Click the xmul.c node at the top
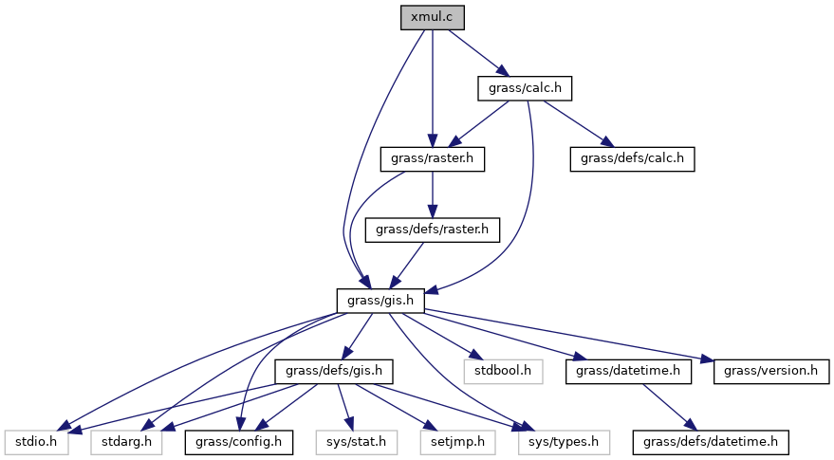click(x=433, y=18)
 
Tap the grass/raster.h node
click(x=432, y=158)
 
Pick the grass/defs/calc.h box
click(x=632, y=158)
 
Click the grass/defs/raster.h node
click(x=432, y=230)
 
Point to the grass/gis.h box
click(x=380, y=300)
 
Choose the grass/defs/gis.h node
click(x=333, y=371)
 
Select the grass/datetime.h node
click(x=627, y=371)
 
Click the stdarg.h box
click(x=125, y=441)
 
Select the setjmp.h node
click(x=453, y=441)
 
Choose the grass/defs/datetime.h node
click(x=712, y=441)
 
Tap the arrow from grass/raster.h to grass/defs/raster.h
click(x=432, y=194)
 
